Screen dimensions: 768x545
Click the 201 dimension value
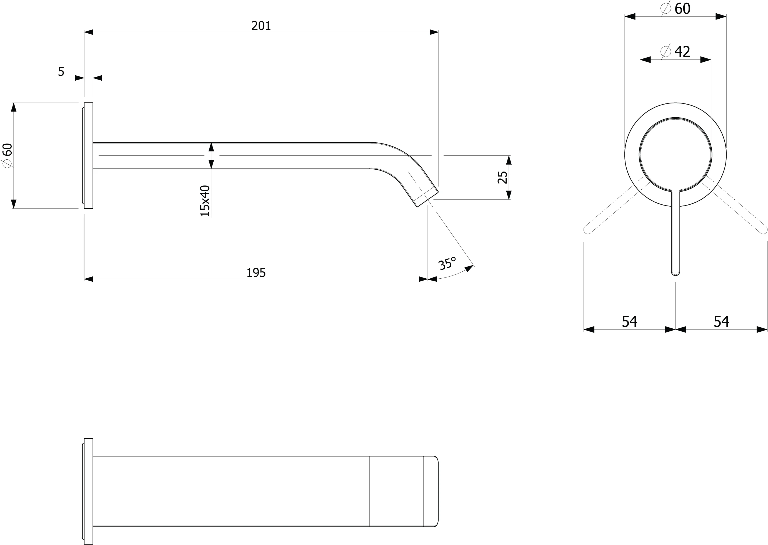pyautogui.click(x=261, y=26)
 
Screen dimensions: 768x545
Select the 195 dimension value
pyautogui.click(x=256, y=273)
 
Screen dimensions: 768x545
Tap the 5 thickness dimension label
pyautogui.click(x=61, y=71)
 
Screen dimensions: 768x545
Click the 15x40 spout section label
pyautogui.click(x=205, y=201)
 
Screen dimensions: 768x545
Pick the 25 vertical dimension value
pyautogui.click(x=502, y=177)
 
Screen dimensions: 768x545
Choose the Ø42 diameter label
pyautogui.click(x=675, y=52)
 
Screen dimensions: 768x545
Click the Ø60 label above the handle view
pyautogui.click(x=675, y=9)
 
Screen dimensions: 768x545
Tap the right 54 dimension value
pyautogui.click(x=721, y=321)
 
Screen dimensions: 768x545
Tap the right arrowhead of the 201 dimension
pyautogui.click(x=434, y=32)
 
